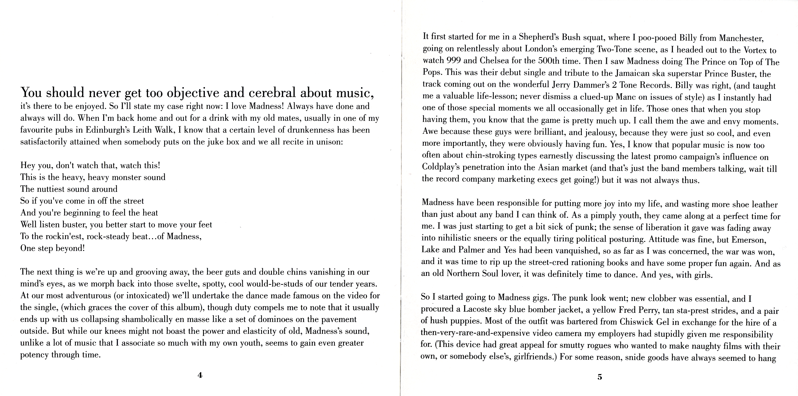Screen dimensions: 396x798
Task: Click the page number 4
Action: pyautogui.click(x=200, y=375)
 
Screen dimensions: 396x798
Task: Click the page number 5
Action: pyautogui.click(x=600, y=377)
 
